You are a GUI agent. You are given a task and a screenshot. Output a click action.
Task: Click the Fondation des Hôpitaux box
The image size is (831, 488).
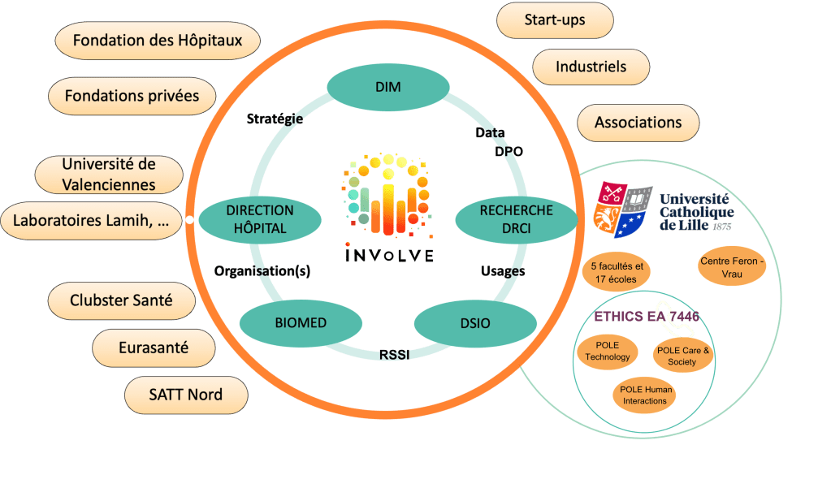pyautogui.click(x=158, y=41)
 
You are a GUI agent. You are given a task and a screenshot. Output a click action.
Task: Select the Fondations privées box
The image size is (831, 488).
pyautogui.click(x=132, y=96)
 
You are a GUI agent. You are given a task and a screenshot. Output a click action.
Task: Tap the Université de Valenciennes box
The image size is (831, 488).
pyautogui.click(x=109, y=175)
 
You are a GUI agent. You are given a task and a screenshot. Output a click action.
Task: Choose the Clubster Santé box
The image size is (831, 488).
pyautogui.click(x=121, y=300)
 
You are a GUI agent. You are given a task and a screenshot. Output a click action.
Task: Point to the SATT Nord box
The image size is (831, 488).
pyautogui.click(x=186, y=395)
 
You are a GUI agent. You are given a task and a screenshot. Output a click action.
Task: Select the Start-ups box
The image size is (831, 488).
pyautogui.click(x=554, y=19)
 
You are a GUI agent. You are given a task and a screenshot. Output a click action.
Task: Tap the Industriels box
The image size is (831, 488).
pyautogui.click(x=591, y=67)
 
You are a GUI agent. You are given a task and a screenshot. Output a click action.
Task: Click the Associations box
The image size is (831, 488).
pyautogui.click(x=638, y=123)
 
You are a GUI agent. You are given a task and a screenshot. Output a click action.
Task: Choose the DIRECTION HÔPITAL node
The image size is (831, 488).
pyautogui.click(x=260, y=219)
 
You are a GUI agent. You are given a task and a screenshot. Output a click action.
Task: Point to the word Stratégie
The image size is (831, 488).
pyautogui.click(x=275, y=119)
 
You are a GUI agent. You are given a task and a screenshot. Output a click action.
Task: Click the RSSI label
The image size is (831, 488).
pyautogui.click(x=393, y=354)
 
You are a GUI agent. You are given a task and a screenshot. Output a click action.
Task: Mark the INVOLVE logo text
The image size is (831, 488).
pyautogui.click(x=389, y=254)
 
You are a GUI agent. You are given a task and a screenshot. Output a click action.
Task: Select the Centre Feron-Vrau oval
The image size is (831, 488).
pyautogui.click(x=732, y=269)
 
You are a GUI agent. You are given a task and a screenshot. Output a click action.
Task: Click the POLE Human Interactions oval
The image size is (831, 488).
pyautogui.click(x=647, y=395)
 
